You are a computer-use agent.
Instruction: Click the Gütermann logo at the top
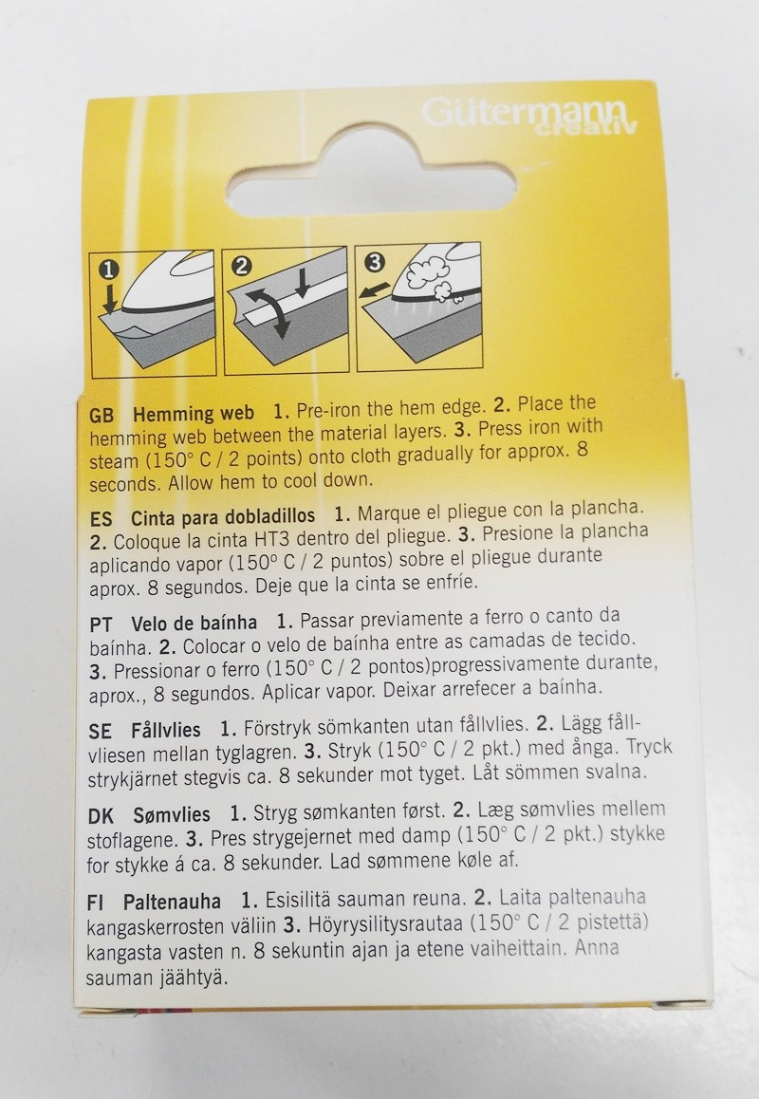pos(529,115)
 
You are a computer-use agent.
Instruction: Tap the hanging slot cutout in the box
pos(372,177)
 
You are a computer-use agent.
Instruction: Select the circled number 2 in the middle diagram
pos(242,266)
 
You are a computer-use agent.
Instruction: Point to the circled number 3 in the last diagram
pos(375,261)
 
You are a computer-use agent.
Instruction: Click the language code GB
pos(102,416)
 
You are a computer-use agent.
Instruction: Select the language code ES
pos(101,519)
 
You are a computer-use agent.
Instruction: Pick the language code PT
pos(101,624)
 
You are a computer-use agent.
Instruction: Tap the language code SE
pos(101,731)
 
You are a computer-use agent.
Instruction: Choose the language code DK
pos(101,816)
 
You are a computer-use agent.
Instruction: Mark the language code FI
pos(95,903)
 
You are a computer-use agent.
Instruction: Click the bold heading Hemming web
pos(194,414)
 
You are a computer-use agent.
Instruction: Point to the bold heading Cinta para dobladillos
pos(223,517)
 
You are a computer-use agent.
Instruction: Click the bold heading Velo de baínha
pos(194,623)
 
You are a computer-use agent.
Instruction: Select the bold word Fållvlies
pos(166,730)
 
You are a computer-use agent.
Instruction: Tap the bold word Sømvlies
pos(172,815)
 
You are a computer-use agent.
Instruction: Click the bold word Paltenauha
pos(173,902)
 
